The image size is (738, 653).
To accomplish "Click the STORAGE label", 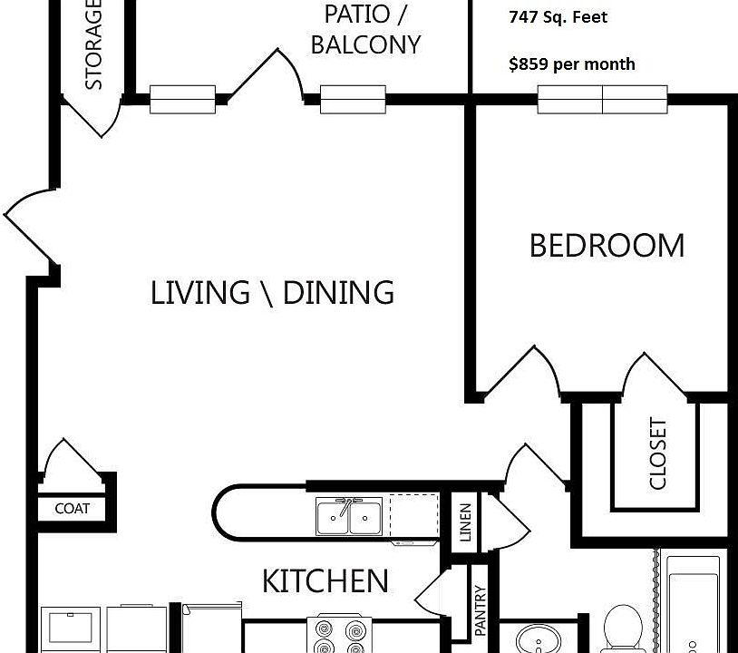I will (93, 45).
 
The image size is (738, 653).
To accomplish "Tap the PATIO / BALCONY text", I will (365, 29).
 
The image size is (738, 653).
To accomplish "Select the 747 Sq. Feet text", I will (558, 17).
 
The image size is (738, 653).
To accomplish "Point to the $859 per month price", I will (571, 64).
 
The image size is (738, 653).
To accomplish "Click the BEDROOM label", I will (607, 246).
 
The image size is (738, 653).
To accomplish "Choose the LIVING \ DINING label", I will (272, 293).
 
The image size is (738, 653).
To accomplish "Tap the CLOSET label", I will (658, 453).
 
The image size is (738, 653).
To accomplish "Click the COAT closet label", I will (72, 509).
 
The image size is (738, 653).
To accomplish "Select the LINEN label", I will (465, 522).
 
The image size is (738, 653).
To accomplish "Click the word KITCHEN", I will (325, 580).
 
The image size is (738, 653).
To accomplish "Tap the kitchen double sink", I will (348, 518).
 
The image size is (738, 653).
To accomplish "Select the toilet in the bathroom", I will (622, 629).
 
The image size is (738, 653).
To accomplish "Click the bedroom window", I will (602, 99).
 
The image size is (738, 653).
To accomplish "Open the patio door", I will (267, 76).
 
